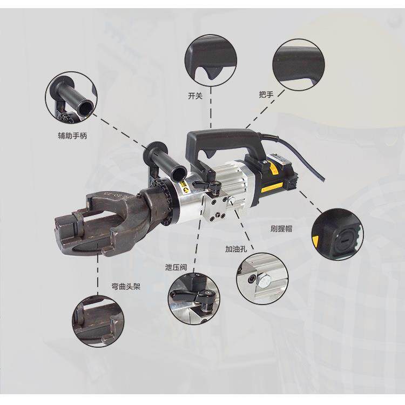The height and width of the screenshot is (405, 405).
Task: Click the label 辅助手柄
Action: [x=72, y=136]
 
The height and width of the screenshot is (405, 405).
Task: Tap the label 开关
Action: [x=195, y=96]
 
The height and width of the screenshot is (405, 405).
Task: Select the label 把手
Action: [x=266, y=94]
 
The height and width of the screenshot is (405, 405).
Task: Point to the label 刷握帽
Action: [x=281, y=228]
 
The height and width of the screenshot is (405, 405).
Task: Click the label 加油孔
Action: [x=236, y=249]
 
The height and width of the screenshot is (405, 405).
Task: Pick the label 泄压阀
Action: [x=176, y=267]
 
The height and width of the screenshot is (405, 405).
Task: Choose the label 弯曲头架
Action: [x=126, y=286]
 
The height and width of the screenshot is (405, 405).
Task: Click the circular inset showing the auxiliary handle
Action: [x=71, y=98]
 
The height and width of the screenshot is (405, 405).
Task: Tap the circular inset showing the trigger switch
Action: [x=211, y=60]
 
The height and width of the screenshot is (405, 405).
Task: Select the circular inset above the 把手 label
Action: [x=299, y=65]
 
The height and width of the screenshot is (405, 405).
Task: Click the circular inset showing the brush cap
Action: [x=337, y=234]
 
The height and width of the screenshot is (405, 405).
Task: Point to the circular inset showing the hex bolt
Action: [x=262, y=279]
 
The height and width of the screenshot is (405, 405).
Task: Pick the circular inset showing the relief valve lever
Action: [x=193, y=299]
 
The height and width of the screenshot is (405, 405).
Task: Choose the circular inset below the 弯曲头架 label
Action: [x=98, y=321]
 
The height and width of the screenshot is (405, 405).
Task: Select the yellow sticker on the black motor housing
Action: [x=272, y=187]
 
